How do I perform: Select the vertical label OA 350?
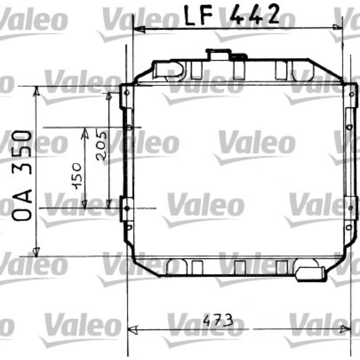(22, 175)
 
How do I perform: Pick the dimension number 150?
(76, 176)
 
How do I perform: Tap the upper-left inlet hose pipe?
(168, 69)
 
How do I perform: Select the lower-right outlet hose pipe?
(310, 274)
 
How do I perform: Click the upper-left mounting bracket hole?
(126, 93)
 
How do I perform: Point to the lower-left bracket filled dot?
(127, 208)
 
